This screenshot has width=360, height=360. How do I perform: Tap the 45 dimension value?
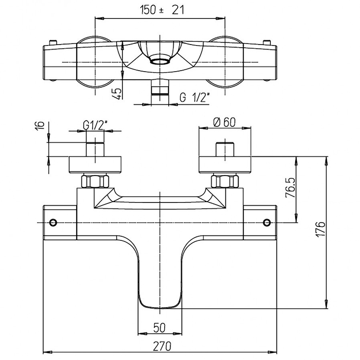(117, 94)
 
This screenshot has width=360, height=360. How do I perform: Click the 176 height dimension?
(320, 230)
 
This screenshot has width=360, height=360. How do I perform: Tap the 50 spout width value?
(159, 327)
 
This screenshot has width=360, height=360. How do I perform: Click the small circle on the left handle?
(54, 223)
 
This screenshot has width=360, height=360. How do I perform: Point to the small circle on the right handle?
(267, 223)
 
